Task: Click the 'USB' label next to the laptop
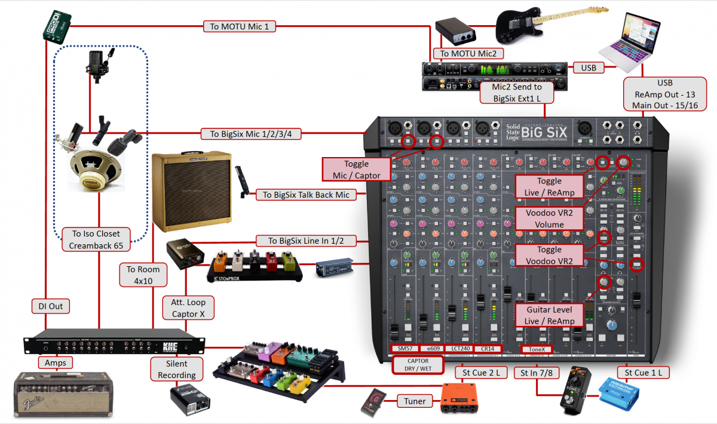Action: click(588, 68)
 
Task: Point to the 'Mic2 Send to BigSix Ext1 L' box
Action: click(517, 93)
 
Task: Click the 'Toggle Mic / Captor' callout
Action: click(356, 170)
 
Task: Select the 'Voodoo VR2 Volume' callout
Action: click(549, 219)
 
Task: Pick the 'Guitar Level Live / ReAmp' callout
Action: click(549, 315)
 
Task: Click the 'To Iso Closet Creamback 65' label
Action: click(95, 240)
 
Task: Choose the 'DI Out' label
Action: click(51, 306)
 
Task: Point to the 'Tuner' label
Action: click(415, 401)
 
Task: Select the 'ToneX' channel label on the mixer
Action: click(537, 349)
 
